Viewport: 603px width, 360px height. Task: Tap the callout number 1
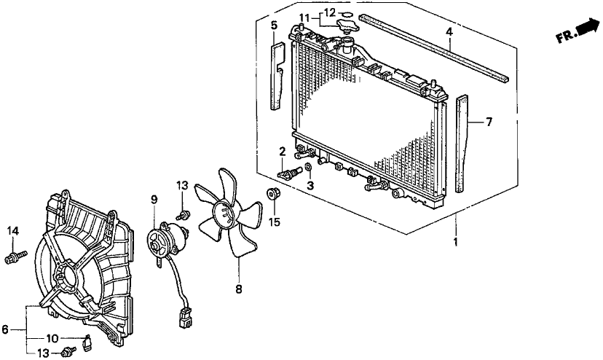click(456, 242)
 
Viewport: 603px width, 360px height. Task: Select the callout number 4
click(449, 32)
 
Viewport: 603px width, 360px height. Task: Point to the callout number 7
click(489, 122)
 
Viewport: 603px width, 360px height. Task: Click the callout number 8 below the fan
click(239, 289)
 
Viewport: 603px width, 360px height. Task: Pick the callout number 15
click(275, 222)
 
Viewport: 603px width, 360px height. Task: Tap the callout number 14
click(13, 231)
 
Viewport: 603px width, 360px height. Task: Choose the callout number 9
click(154, 200)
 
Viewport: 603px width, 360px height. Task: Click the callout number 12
click(330, 12)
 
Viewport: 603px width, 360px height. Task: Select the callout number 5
click(274, 26)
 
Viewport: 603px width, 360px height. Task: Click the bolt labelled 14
click(16, 257)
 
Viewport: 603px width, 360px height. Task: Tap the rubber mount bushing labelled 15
click(274, 194)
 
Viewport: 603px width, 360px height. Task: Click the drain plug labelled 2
click(289, 172)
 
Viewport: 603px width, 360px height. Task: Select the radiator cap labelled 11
click(347, 26)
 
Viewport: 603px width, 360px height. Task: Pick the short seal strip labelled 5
click(277, 77)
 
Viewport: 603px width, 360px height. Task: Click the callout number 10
click(52, 339)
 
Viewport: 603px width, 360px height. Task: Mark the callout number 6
click(5, 329)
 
